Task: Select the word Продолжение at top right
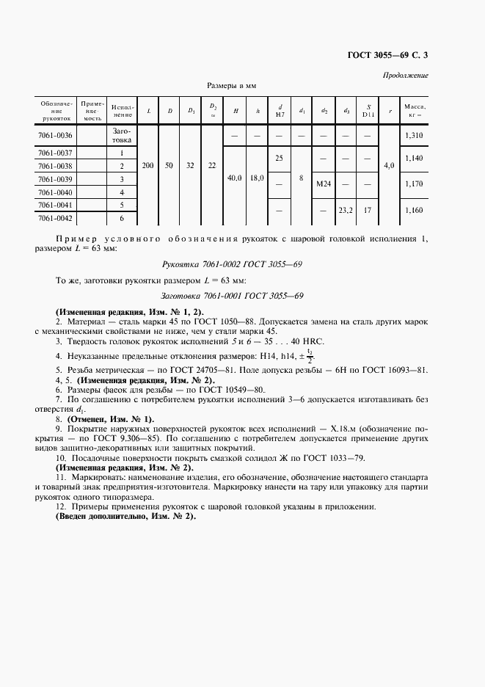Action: click(406, 76)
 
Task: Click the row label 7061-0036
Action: click(55, 135)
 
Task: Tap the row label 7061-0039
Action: click(55, 179)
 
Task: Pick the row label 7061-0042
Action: click(55, 218)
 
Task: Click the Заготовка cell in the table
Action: click(123, 135)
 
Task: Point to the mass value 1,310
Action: click(415, 135)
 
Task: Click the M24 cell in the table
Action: click(324, 185)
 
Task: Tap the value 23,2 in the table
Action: click(345, 211)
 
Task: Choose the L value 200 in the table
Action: click(148, 166)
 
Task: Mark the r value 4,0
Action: click(390, 166)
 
